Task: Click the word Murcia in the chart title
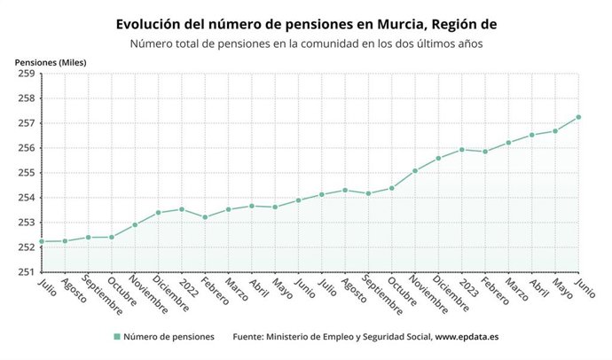click(x=404, y=24)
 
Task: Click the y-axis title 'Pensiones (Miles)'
click(x=51, y=61)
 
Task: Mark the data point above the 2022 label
click(x=182, y=209)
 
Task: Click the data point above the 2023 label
click(x=462, y=149)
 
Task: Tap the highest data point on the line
click(x=578, y=117)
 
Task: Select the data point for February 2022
click(x=205, y=217)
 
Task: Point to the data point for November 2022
click(x=415, y=170)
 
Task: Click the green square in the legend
click(x=116, y=337)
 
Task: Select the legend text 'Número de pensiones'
click(x=169, y=337)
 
